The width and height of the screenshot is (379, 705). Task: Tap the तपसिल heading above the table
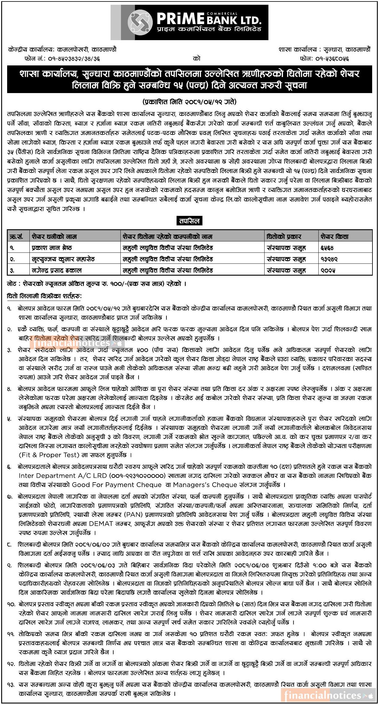pos(189,221)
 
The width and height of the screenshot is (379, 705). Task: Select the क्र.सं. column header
pos(16,237)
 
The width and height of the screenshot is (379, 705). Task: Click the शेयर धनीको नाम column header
pos(54,237)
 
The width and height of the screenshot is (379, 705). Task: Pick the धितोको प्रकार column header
pos(284,237)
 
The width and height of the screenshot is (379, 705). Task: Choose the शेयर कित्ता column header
pos(334,237)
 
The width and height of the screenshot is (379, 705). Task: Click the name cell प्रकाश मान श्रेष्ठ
pos(52,248)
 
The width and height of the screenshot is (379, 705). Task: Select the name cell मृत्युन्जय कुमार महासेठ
pos(63,259)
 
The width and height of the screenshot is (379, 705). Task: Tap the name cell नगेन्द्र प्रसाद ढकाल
pos(56,270)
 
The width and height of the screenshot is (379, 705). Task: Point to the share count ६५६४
pos(327,248)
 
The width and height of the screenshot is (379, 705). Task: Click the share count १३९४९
pos(329,259)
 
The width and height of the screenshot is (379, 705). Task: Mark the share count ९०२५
pos(328,270)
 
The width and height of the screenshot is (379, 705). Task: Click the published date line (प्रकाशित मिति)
pos(189,102)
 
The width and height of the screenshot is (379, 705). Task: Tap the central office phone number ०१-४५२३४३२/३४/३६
pos(74,59)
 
